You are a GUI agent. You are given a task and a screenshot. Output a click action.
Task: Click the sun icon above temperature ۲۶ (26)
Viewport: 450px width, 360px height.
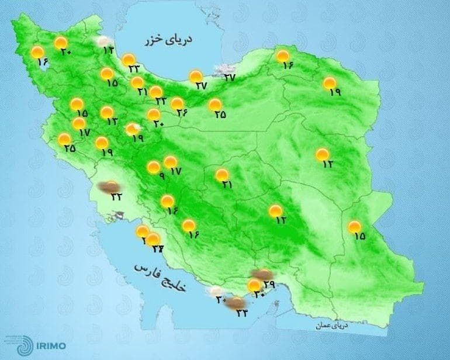[177, 103]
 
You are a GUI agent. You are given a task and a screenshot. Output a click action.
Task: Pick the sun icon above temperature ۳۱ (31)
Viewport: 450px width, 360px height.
[222, 175]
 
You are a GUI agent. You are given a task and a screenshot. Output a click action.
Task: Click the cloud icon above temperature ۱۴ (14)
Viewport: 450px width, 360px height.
[105, 41]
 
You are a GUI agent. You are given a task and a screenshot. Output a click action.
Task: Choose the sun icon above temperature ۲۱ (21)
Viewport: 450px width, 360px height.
[137, 82]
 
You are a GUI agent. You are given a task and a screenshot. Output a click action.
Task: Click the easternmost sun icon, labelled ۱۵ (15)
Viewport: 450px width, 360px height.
[354, 227]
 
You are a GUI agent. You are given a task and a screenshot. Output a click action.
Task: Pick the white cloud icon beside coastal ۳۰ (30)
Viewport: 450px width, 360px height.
[216, 290]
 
